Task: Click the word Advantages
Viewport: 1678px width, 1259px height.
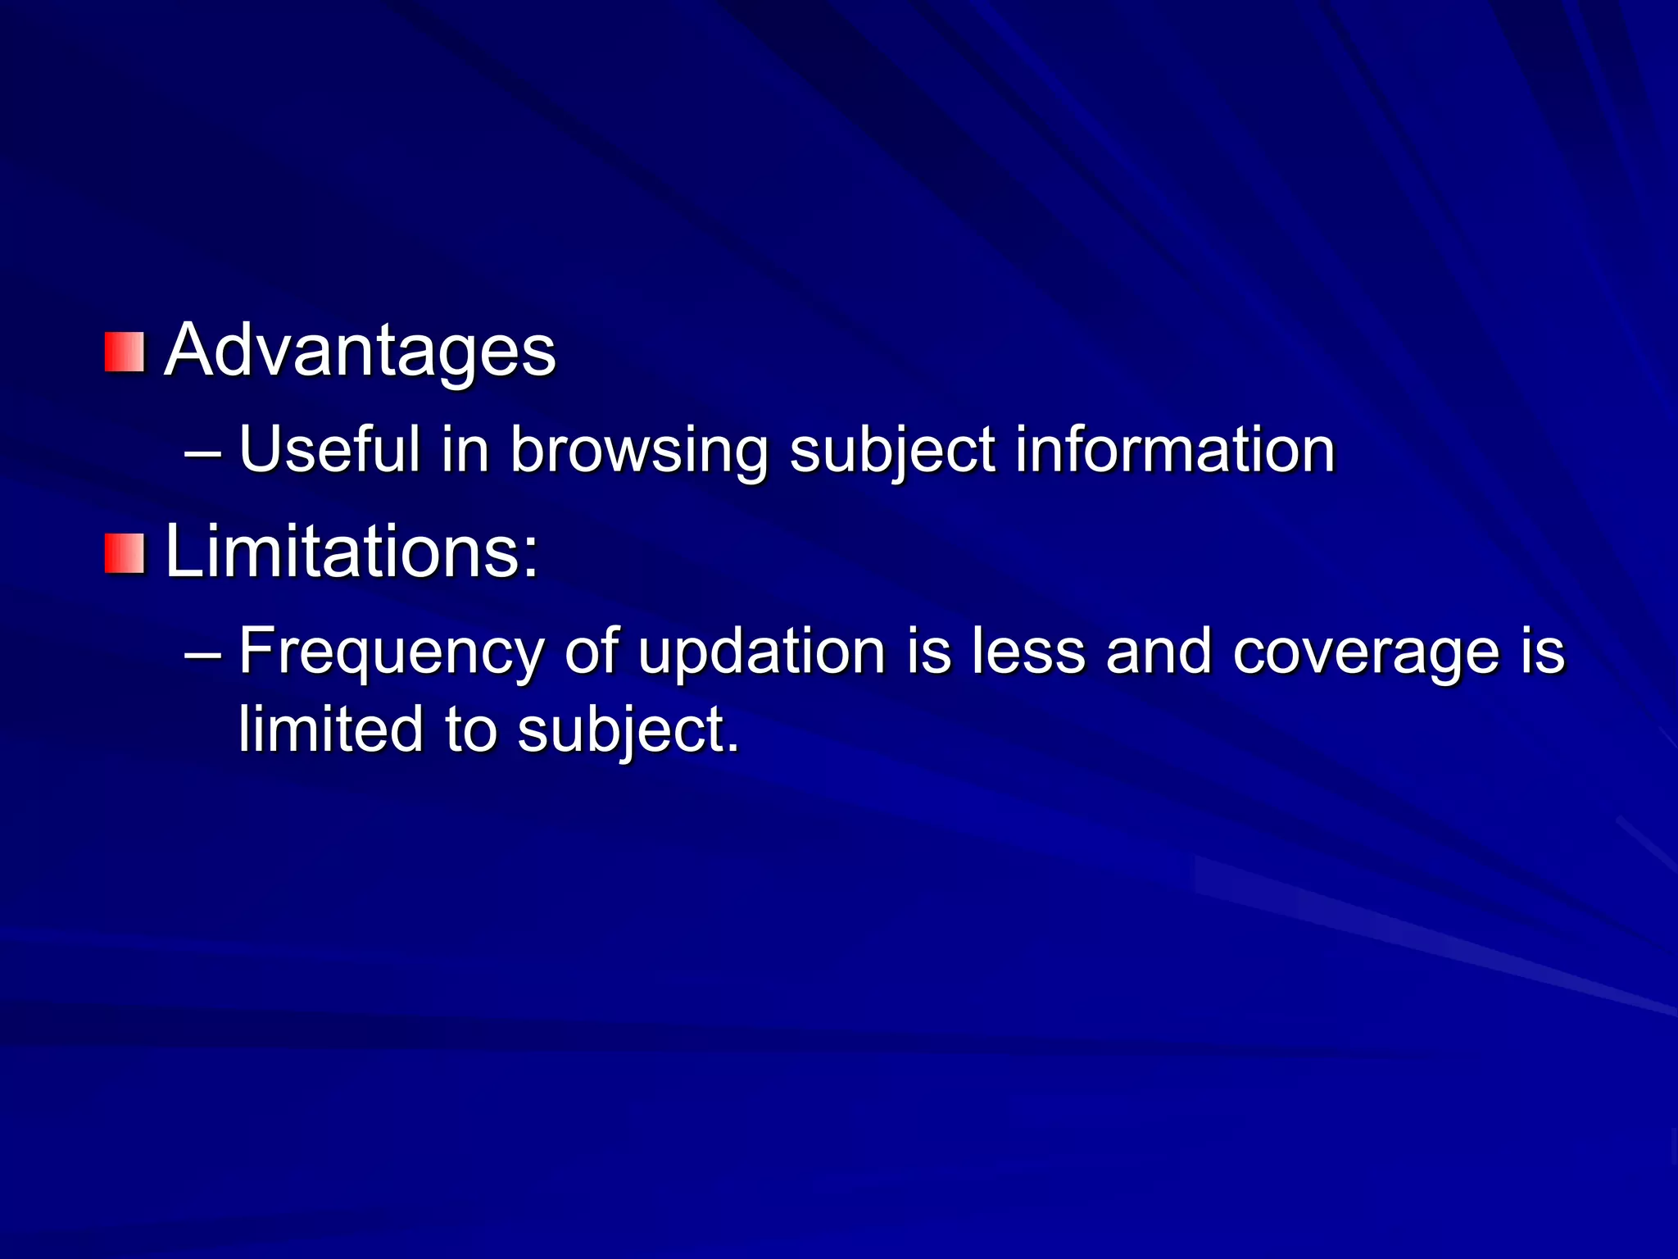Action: point(360,351)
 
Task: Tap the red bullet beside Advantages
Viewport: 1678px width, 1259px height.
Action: point(125,352)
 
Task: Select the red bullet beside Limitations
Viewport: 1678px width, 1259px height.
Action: point(125,553)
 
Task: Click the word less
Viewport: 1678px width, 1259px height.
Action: point(1028,652)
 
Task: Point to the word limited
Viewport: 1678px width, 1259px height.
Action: point(330,729)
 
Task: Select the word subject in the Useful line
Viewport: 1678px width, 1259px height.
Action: point(892,451)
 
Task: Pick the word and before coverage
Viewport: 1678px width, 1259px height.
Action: point(1158,652)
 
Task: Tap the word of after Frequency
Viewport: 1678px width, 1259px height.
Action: point(591,652)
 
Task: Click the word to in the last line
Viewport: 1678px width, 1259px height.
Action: point(470,729)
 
